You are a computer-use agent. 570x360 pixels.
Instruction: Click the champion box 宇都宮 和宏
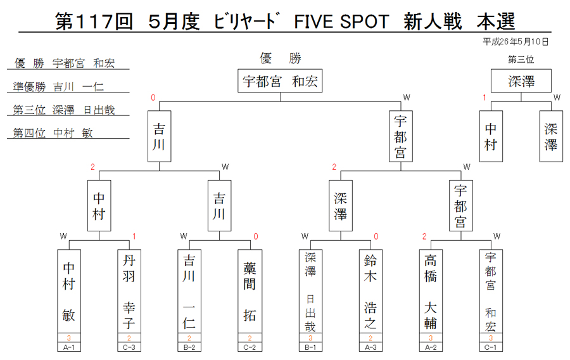click(280, 80)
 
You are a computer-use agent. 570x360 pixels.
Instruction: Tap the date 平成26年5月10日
click(516, 42)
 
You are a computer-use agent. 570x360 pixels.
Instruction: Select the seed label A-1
click(69, 347)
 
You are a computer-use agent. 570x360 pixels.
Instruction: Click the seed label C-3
click(129, 347)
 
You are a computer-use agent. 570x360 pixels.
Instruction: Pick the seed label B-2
click(189, 347)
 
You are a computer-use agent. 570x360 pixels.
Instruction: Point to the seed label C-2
click(250, 347)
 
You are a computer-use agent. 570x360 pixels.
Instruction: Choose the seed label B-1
click(310, 347)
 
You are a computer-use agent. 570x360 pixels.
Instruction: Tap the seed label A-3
click(370, 347)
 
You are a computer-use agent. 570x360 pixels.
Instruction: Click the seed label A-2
click(431, 347)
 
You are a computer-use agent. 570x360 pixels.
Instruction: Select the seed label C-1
click(491, 347)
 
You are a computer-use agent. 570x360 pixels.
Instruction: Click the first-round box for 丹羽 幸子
click(129, 291)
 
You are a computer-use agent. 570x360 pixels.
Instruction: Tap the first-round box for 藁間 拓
click(250, 291)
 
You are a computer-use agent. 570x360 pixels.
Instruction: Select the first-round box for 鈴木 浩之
click(370, 291)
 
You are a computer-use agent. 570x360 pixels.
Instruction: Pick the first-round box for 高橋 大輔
click(431, 291)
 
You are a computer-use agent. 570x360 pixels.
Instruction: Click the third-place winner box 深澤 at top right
click(521, 80)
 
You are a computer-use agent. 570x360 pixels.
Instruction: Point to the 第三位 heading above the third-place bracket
click(521, 60)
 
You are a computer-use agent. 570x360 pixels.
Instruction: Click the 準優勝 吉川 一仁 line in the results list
click(58, 87)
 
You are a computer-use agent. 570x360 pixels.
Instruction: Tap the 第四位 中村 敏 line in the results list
click(53, 132)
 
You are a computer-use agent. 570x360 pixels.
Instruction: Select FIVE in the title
click(313, 22)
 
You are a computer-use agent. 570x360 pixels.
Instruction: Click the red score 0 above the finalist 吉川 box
click(153, 98)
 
